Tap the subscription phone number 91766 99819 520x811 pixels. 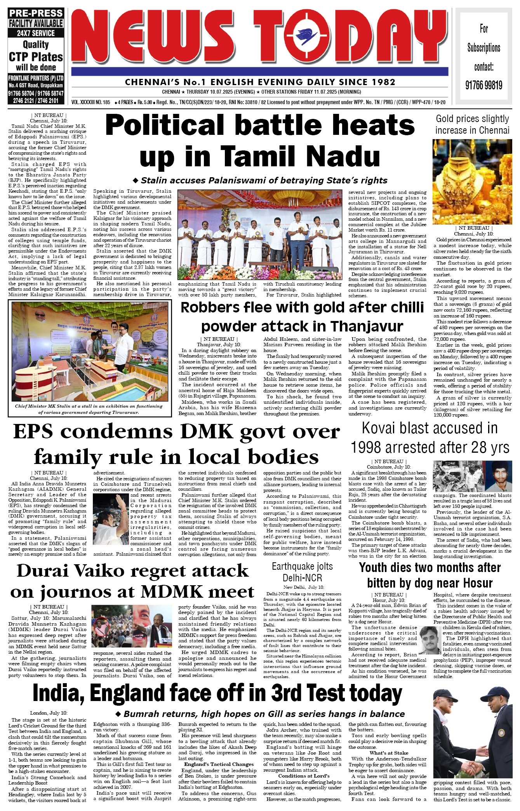(x=483, y=85)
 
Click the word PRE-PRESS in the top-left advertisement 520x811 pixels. (x=36, y=13)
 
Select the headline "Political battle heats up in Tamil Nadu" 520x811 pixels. (x=260, y=140)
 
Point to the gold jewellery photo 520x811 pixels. (x=472, y=181)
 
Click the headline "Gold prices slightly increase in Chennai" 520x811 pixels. (x=472, y=124)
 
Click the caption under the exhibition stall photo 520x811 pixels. (x=89, y=409)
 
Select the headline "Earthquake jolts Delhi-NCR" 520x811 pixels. (x=302, y=572)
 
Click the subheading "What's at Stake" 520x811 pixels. (x=389, y=753)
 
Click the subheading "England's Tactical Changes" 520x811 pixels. (x=219, y=764)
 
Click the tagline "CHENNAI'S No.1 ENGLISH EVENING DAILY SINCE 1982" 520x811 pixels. (x=260, y=82)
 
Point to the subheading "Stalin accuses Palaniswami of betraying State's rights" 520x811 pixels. (x=260, y=180)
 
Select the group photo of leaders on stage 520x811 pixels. (x=260, y=235)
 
